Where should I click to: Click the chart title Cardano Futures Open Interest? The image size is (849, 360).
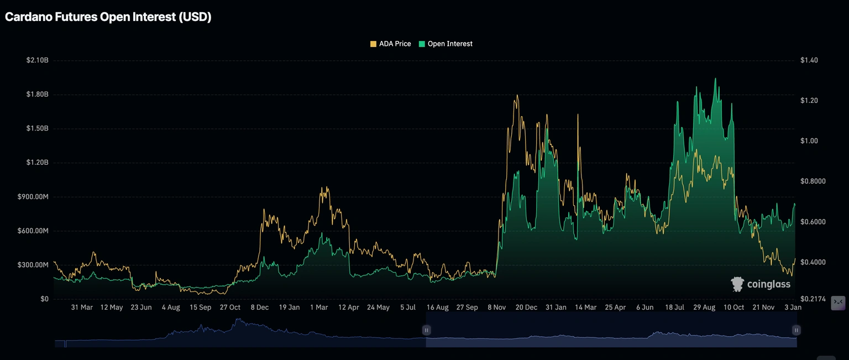click(x=108, y=17)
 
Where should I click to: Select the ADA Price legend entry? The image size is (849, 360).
click(x=391, y=44)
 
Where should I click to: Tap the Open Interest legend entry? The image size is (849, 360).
click(x=446, y=44)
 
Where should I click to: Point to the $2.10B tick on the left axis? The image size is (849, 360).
click(x=37, y=60)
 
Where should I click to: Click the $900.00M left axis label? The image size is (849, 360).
click(x=34, y=197)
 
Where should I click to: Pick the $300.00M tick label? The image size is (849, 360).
click(x=34, y=265)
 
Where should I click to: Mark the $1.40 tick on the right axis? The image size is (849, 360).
click(x=809, y=60)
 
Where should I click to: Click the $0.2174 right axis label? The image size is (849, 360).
click(x=813, y=299)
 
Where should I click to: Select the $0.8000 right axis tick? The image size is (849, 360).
click(x=813, y=181)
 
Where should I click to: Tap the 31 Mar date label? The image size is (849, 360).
click(x=82, y=307)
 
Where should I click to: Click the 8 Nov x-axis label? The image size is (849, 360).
click(x=496, y=307)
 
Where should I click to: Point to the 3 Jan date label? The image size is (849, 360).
click(x=793, y=307)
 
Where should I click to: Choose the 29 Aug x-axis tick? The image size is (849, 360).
click(x=704, y=307)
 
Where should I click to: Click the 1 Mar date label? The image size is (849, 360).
click(x=319, y=307)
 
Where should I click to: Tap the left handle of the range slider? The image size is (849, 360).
click(x=427, y=330)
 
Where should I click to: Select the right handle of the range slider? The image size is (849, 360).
click(x=796, y=330)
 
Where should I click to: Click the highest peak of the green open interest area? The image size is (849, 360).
click(x=716, y=79)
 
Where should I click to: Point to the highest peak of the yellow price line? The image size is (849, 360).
click(x=517, y=95)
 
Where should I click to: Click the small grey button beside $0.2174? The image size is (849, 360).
click(x=838, y=302)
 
